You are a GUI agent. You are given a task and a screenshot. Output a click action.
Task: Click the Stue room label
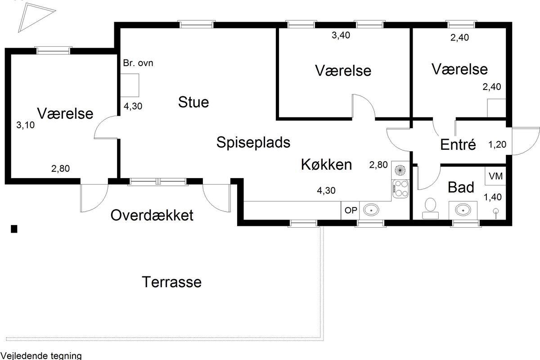point(193,102)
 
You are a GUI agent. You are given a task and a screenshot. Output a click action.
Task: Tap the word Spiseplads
point(253,142)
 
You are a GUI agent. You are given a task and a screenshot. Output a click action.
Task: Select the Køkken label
point(326,165)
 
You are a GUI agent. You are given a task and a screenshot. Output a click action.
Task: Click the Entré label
point(458,144)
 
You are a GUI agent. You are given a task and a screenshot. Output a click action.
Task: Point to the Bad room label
point(461,187)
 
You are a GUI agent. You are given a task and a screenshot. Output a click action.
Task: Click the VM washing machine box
point(495,176)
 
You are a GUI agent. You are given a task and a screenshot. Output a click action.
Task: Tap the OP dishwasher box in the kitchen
point(350,210)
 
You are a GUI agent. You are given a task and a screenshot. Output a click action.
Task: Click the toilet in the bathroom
point(430,208)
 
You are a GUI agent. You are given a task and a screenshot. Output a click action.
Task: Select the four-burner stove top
point(400,189)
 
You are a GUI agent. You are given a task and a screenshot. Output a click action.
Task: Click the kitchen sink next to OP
point(371,210)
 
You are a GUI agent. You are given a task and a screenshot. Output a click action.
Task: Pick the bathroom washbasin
point(463,210)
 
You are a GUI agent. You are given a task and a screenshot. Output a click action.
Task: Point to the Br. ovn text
point(138,63)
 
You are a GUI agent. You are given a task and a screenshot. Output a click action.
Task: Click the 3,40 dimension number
point(341,35)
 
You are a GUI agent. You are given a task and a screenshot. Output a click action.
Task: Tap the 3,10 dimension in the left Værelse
point(25,125)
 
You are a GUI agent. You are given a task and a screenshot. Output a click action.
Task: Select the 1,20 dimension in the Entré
point(497,145)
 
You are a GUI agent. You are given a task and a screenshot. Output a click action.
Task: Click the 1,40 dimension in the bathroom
point(493,197)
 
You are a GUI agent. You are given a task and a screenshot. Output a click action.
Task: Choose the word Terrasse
point(171,282)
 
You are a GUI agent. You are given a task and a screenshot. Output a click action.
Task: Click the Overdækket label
point(152,215)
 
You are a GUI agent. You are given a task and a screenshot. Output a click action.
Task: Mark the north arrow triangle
point(36,18)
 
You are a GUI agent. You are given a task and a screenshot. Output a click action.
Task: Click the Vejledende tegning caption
point(41,356)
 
